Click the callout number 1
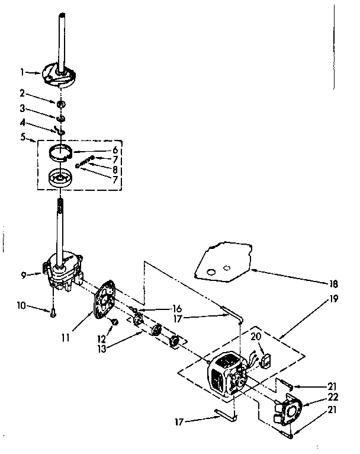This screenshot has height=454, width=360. [21, 72]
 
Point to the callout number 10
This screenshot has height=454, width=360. [22, 306]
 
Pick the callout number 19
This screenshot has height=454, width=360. [333, 299]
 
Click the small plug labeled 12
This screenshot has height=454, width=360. [116, 322]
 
